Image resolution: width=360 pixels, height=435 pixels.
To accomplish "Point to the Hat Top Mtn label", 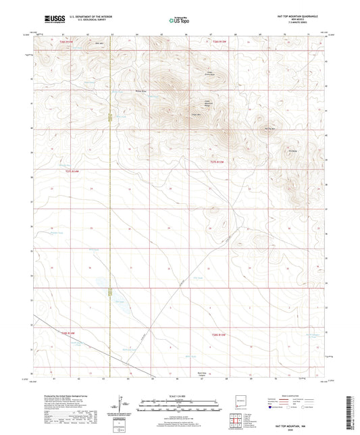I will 269,129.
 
